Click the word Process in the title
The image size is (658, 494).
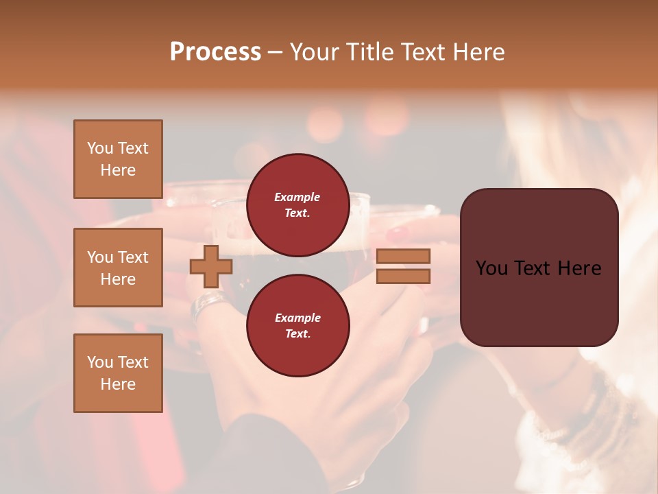click(215, 52)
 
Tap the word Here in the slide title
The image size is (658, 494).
click(477, 52)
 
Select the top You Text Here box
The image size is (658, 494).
click(118, 159)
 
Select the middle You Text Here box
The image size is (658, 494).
click(118, 268)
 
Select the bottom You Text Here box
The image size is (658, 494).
click(118, 373)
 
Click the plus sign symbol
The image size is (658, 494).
click(211, 266)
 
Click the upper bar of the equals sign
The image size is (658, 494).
click(403, 257)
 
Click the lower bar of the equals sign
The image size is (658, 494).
click(403, 276)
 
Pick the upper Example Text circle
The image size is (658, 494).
click(297, 204)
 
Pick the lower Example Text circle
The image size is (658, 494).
click(297, 325)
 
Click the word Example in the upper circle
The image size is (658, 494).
click(297, 198)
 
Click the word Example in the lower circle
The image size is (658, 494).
click(297, 318)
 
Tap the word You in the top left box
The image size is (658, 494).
click(100, 148)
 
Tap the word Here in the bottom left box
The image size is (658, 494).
click(118, 384)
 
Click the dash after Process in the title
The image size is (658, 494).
click(275, 53)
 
